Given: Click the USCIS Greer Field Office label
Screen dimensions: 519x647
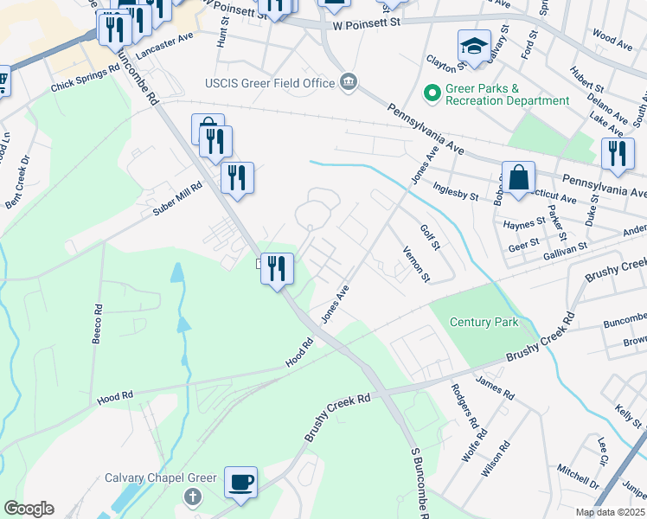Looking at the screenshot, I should coord(269,83).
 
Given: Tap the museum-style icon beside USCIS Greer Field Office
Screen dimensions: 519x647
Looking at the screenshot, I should coord(349,82).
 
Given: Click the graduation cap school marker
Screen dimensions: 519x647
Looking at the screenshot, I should coord(473,47).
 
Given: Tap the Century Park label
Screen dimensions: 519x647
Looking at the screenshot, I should coord(484,322).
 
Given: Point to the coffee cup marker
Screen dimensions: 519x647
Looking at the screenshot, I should coord(240,480).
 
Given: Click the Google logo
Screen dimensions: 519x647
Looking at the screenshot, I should coord(29,509).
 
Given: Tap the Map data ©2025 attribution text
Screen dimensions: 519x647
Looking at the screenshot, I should coord(609,512).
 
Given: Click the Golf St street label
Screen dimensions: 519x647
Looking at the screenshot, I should coord(430,237).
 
